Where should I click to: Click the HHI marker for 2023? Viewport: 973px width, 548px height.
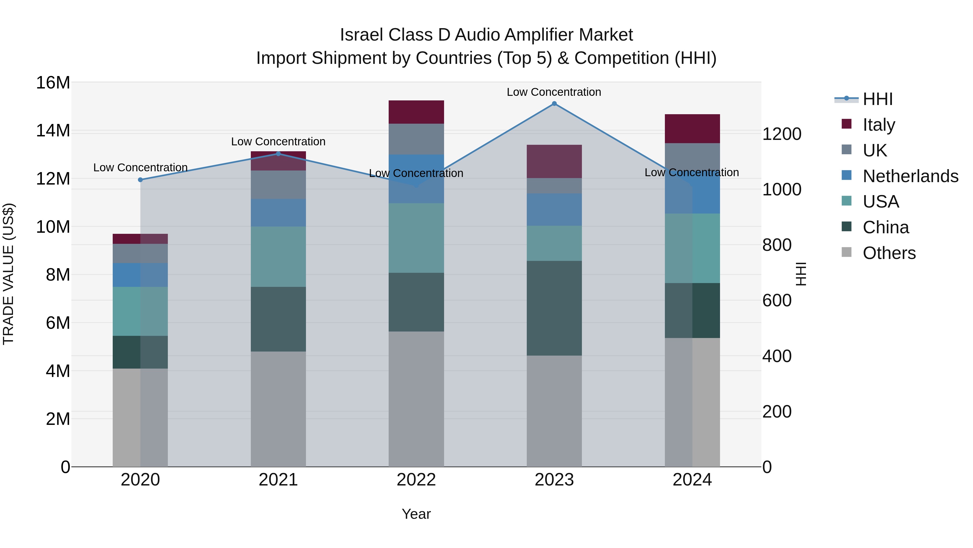pos(554,104)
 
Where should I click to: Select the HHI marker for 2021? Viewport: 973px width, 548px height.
pos(278,153)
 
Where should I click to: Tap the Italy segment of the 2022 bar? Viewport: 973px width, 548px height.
pos(416,112)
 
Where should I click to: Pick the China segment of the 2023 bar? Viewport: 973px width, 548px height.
pos(554,308)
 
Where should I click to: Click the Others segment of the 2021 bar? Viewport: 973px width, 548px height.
pos(278,408)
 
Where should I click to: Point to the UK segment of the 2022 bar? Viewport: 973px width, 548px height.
pos(416,139)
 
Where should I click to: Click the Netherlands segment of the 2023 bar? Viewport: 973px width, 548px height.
pos(554,209)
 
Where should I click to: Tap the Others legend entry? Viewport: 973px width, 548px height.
pos(889,253)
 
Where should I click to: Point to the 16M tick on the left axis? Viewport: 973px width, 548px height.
pos(53,83)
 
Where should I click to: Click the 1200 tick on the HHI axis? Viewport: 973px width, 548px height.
pos(781,134)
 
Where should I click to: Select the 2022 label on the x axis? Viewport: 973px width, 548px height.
pos(416,480)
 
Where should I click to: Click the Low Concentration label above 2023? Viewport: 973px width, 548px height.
pos(554,92)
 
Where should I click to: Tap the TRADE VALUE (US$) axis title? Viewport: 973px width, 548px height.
pos(8,274)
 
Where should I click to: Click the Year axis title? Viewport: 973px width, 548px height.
pos(416,514)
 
